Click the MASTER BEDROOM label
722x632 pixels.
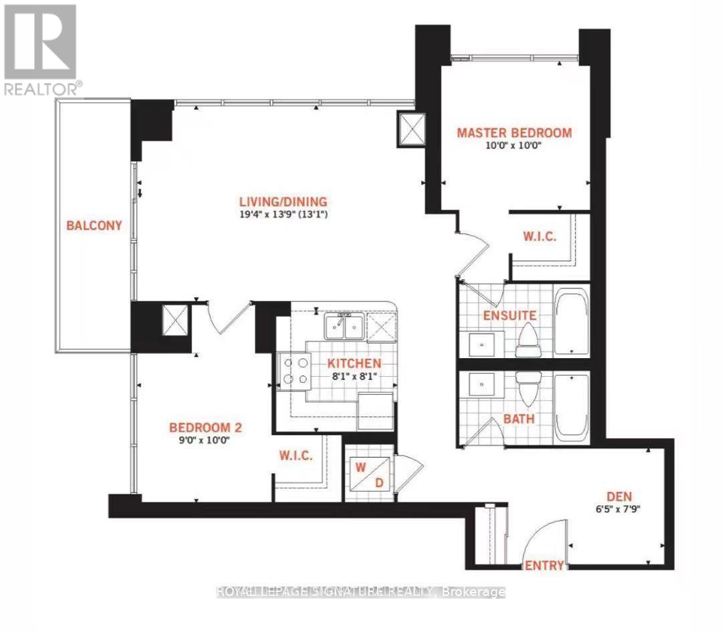(x=514, y=132)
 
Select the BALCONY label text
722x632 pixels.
(x=94, y=225)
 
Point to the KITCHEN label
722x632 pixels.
(x=354, y=363)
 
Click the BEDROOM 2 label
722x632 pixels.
(x=200, y=428)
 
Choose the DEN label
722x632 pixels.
(x=619, y=496)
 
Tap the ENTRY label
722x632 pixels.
(x=544, y=565)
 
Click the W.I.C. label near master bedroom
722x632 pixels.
(x=539, y=237)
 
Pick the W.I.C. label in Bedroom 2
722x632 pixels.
(x=296, y=456)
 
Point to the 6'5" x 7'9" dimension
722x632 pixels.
(x=619, y=510)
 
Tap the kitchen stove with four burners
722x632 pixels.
(x=295, y=370)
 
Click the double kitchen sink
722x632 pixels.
(x=344, y=327)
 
